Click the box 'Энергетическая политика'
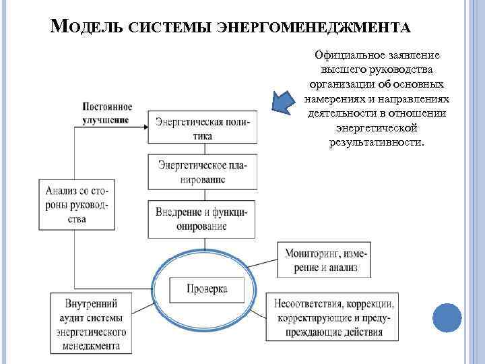pyautogui.click(x=202, y=129)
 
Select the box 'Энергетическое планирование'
pyautogui.click(x=202, y=172)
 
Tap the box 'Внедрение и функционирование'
pyautogui.click(x=202, y=218)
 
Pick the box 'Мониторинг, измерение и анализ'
pyautogui.click(x=327, y=260)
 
